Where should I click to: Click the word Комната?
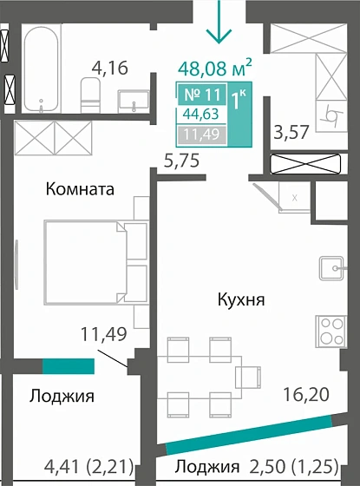[x=80, y=188]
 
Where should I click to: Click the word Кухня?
[x=241, y=300]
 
